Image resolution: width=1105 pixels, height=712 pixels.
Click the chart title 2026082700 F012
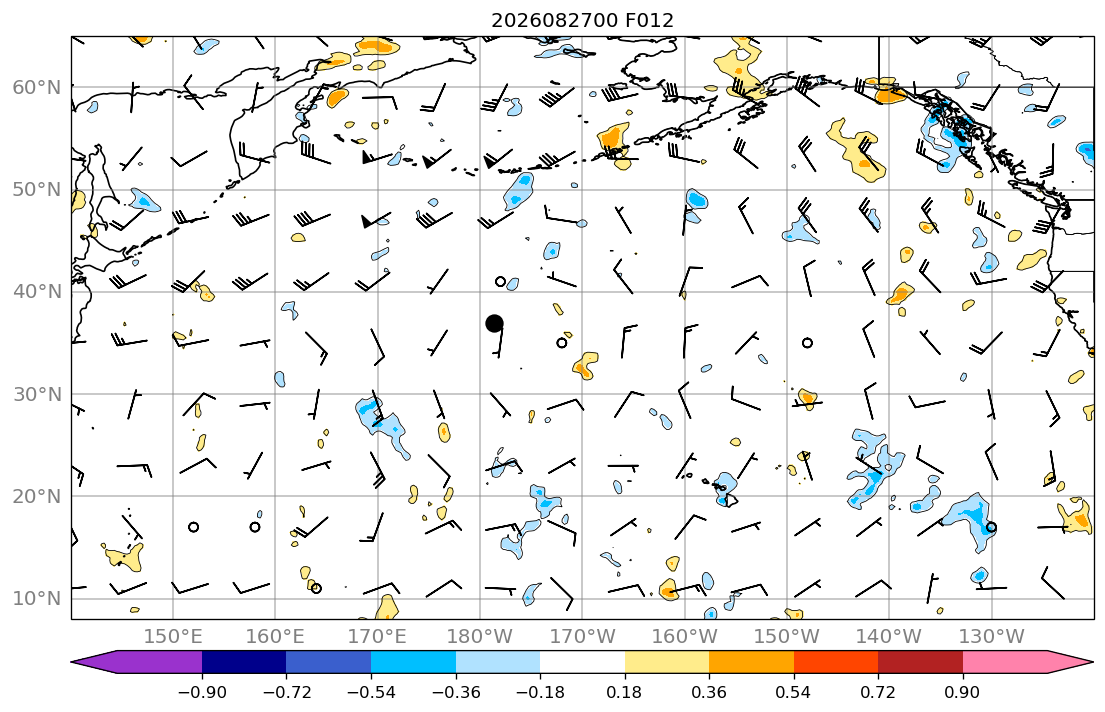pos(582,20)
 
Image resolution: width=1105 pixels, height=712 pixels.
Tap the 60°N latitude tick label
pos(37,87)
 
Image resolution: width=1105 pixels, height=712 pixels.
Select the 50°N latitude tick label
pos(37,190)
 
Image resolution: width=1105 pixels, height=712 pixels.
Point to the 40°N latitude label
pos(37,292)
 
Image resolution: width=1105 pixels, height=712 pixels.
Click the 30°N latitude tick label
pos(37,394)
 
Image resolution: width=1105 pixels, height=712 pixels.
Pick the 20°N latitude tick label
pos(37,496)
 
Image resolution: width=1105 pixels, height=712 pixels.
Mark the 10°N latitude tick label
pos(37,599)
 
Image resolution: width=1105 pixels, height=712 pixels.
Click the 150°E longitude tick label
pos(173,637)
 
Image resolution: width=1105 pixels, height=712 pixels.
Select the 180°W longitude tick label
pos(481,637)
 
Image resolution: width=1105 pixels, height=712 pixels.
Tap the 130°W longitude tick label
pos(992,637)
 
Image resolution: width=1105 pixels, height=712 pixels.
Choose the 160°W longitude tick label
pos(685,637)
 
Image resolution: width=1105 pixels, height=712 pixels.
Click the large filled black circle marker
pos(494,324)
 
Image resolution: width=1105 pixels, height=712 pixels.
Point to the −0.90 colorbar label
pos(202,692)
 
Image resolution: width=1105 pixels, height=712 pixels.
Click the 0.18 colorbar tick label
pos(624,692)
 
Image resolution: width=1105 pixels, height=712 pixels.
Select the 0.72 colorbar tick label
pos(878,692)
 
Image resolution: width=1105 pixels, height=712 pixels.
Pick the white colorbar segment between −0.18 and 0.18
pos(582,662)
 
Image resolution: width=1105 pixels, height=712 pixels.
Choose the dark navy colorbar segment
pos(244,662)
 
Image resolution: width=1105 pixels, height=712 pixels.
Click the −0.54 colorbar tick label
pos(371,692)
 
